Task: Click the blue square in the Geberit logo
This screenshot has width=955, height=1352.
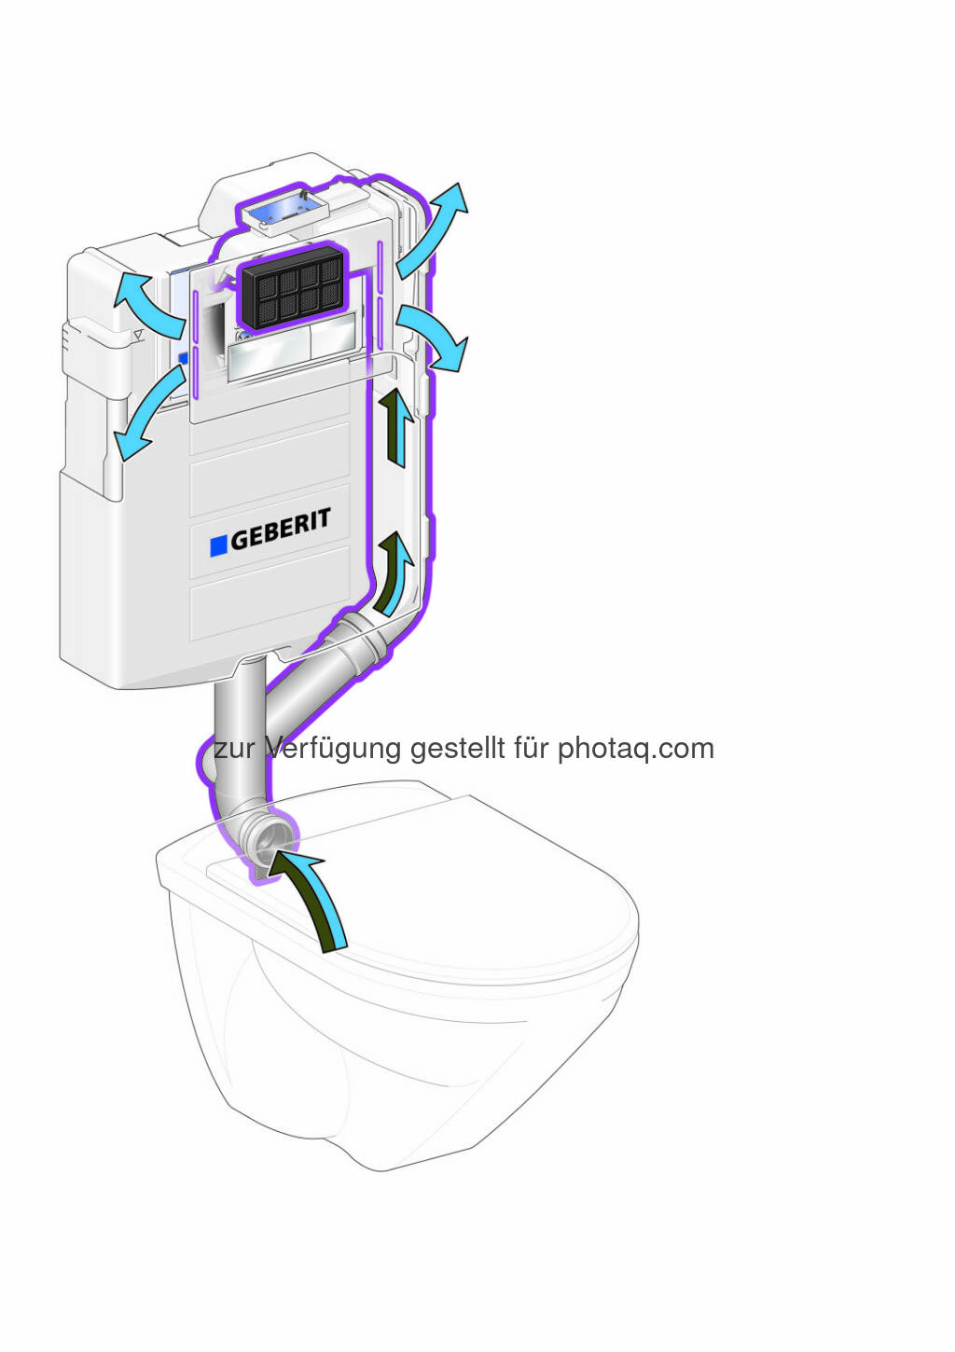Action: tap(219, 545)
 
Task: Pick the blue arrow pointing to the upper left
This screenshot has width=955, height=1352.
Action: tap(147, 303)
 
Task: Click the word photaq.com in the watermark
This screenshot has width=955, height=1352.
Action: tap(635, 749)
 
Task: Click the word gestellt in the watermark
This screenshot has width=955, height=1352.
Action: tap(458, 749)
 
